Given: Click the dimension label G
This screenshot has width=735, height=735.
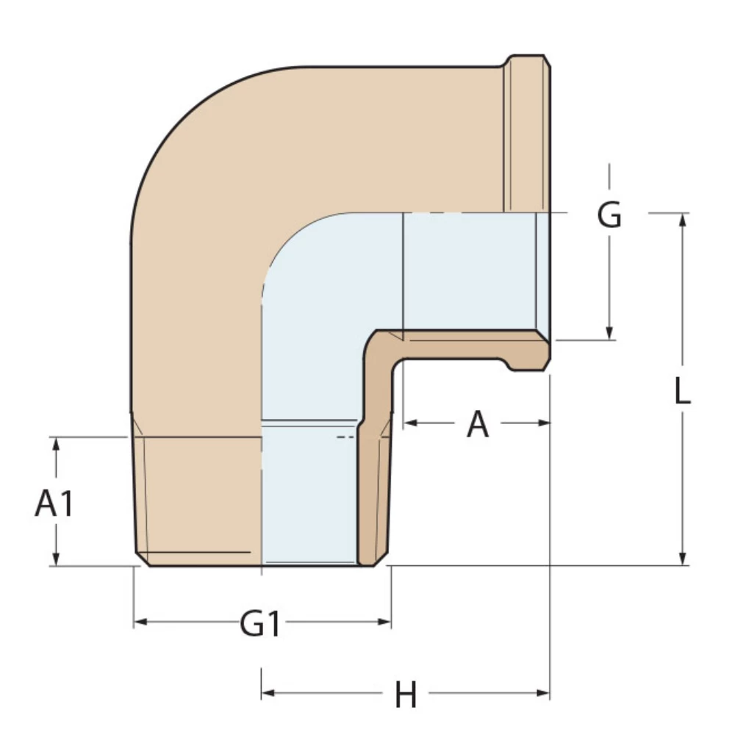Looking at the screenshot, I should [x=609, y=215].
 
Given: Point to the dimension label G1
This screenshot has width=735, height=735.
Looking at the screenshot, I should [x=261, y=624].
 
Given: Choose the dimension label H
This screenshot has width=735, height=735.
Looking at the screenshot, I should [x=406, y=694].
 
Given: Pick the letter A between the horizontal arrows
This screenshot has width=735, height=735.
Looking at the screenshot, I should [x=477, y=424].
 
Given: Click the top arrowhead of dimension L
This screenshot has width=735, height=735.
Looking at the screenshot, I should [x=683, y=220].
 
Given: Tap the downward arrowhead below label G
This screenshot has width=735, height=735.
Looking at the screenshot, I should [x=609, y=334].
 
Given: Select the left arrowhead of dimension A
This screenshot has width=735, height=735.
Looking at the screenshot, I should [x=409, y=423].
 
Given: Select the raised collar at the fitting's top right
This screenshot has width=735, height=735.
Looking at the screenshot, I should [x=526, y=132].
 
